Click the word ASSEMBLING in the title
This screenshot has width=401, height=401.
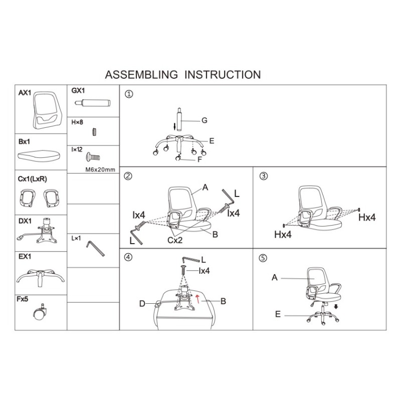(141, 75)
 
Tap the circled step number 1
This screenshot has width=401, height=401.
(129, 94)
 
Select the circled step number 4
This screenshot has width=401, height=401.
(128, 257)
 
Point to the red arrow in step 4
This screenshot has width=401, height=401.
(197, 298)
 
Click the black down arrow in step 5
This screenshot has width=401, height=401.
(336, 306)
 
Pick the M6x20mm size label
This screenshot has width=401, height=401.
(100, 169)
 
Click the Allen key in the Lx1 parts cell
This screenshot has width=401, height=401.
(95, 248)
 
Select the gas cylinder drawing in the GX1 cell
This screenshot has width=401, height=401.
(92, 103)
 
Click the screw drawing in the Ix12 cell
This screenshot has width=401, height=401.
(93, 156)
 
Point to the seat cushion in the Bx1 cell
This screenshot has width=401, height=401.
(39, 155)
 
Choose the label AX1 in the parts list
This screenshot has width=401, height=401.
(25, 93)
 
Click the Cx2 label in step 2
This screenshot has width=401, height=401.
(175, 240)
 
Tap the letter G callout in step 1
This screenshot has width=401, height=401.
(205, 120)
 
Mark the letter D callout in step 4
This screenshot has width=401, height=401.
(142, 304)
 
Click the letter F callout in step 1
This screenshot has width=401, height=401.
(199, 159)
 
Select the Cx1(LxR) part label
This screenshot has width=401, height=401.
(33, 179)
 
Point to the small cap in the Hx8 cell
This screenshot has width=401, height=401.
(94, 132)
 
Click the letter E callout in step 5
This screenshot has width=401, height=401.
(278, 314)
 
